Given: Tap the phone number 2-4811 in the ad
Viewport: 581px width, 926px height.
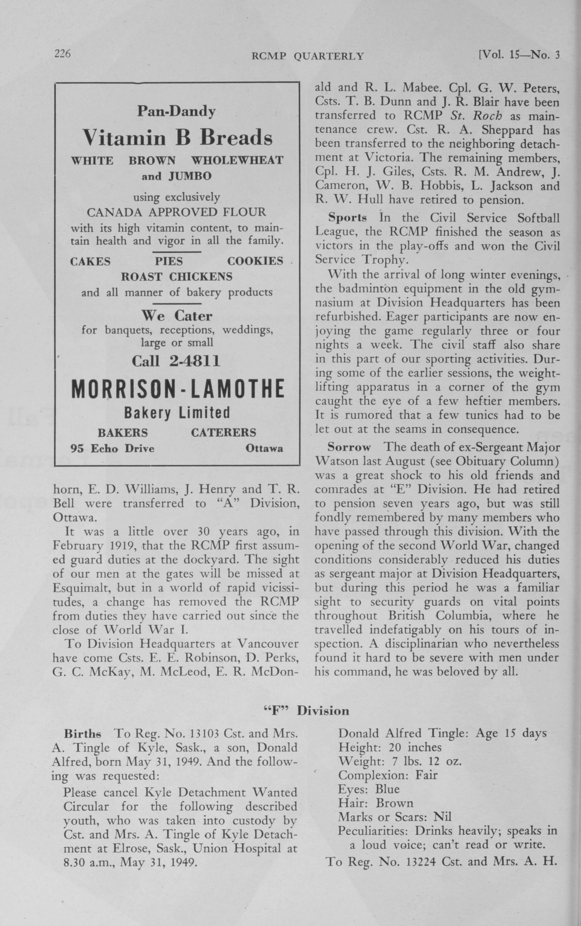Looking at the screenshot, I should [194, 361].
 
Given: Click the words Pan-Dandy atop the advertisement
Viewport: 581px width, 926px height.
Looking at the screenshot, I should [176, 111].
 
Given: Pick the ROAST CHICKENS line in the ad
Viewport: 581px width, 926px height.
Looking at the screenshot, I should [177, 277].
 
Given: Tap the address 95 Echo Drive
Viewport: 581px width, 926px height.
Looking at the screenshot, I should [112, 448].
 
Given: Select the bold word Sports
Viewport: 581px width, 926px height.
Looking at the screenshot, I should [347, 218].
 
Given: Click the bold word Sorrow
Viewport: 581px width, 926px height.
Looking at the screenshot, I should [349, 448].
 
